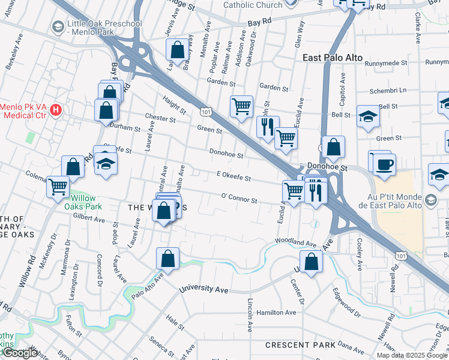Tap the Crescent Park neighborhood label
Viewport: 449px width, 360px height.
(x=300, y=346)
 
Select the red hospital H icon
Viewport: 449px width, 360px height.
(x=56, y=109)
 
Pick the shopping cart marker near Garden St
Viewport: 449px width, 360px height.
(x=241, y=107)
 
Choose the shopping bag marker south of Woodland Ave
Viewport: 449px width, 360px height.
(x=311, y=262)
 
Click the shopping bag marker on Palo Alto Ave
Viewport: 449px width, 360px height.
(x=168, y=259)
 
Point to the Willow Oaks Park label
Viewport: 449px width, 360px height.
(x=86, y=202)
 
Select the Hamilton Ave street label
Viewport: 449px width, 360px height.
(x=276, y=313)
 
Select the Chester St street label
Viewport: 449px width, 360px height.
(x=160, y=118)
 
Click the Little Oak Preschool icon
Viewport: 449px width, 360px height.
(x=58, y=26)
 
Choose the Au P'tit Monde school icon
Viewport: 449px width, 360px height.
(x=430, y=199)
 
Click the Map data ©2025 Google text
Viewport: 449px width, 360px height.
(x=412, y=355)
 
